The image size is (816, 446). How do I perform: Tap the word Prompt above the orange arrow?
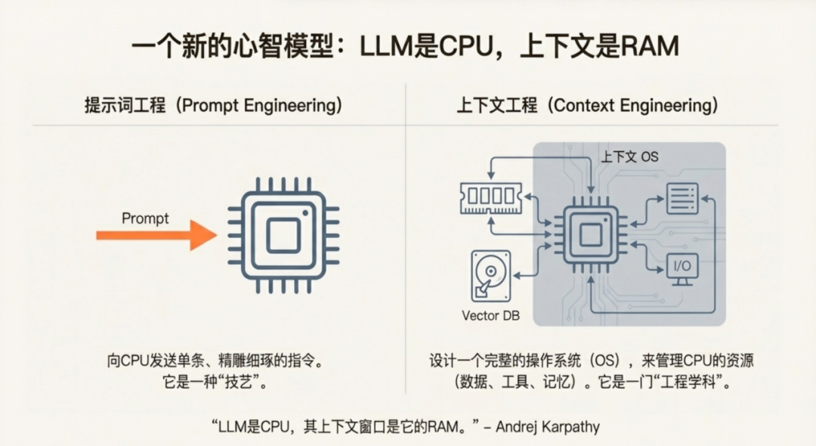click(x=145, y=219)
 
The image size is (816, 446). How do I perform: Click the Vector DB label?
click(x=491, y=315)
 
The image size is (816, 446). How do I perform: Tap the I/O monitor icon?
click(x=682, y=269)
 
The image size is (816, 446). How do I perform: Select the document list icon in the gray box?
click(x=682, y=198)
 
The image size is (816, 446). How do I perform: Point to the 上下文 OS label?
click(x=630, y=157)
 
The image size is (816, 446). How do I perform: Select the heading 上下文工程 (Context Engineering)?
click(x=586, y=106)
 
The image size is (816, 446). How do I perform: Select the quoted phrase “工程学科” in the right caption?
click(x=688, y=382)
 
